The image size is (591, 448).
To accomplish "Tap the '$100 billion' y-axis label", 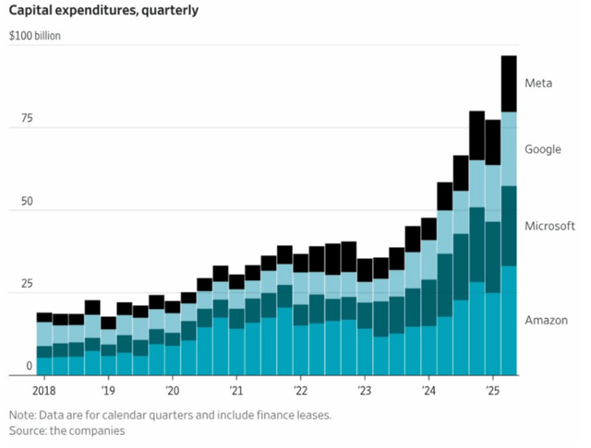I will [x=36, y=39].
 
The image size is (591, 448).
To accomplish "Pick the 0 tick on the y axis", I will [x=28, y=366].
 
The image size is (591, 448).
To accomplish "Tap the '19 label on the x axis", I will [x=108, y=390].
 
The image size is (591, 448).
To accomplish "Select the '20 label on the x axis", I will [x=172, y=390].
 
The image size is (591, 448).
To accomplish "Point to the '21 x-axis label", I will [x=235, y=390].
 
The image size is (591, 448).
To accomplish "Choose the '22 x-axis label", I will [x=300, y=390].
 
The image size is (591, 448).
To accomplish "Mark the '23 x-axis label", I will [x=364, y=390].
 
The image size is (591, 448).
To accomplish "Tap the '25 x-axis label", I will [x=492, y=390].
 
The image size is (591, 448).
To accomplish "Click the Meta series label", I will [x=538, y=83].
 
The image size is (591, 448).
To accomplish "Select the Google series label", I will [x=542, y=149].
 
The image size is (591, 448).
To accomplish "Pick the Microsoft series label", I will [x=549, y=226].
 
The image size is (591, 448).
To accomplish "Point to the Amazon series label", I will [x=545, y=320].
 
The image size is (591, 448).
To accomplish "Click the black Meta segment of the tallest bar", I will [x=509, y=84].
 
